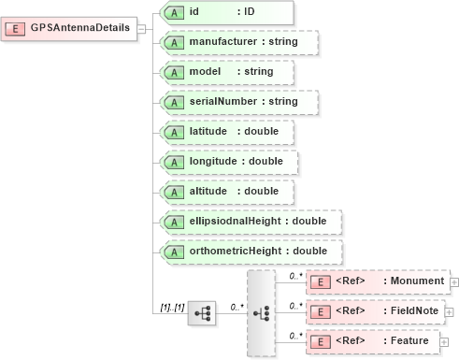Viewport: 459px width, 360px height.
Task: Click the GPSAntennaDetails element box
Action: pos(70,27)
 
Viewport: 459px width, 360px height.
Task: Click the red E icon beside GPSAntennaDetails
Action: pos(17,27)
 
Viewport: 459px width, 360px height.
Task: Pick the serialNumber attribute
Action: pos(237,101)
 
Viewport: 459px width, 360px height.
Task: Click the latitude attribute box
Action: pos(227,131)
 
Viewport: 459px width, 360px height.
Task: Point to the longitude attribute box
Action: pos(229,161)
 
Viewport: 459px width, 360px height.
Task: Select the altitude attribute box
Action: pos(227,191)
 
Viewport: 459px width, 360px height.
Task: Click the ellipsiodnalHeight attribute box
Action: pos(251,221)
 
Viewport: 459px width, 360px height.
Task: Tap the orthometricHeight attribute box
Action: pos(251,251)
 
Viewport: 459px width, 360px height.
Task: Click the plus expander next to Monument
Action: pos(454,281)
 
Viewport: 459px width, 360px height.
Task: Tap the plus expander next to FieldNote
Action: pos(448,310)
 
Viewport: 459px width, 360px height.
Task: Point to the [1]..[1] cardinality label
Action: pos(173,307)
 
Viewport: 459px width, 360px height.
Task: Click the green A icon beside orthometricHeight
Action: pos(173,251)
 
